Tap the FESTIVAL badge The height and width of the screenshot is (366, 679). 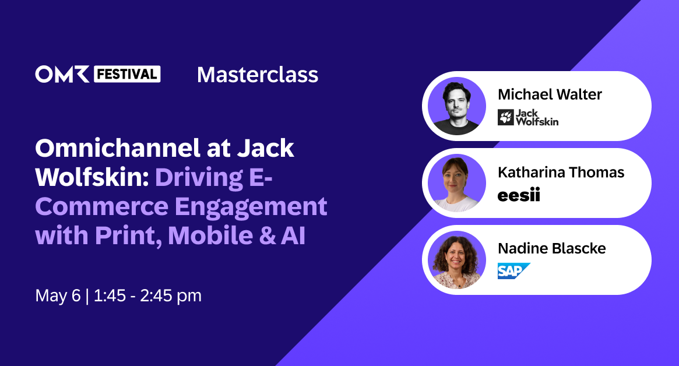(126, 74)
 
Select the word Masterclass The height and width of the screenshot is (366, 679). (258, 75)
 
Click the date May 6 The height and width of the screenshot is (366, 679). (58, 295)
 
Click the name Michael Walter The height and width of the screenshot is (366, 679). (550, 94)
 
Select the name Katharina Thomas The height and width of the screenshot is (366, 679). (561, 173)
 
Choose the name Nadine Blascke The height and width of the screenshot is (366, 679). (551, 249)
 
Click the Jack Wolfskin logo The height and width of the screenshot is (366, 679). (527, 117)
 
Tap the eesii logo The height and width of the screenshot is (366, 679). (518, 195)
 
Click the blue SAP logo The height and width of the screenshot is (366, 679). (513, 271)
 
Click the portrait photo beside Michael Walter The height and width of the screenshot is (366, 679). (457, 106)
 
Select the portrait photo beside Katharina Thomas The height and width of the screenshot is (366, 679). (457, 183)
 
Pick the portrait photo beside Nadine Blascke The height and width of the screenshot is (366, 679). (457, 260)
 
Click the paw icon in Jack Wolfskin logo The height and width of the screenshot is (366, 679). (506, 117)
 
